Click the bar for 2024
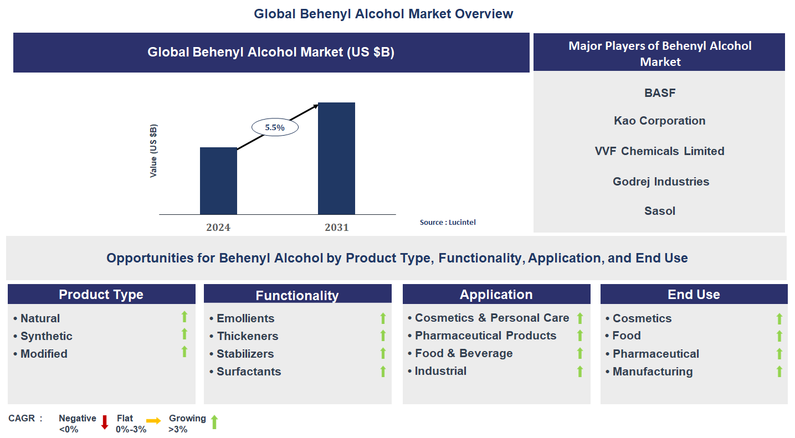click(218, 181)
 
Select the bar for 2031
click(336, 158)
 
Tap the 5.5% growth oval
click(275, 127)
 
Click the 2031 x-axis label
click(336, 227)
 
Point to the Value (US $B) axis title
click(153, 151)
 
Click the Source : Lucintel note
click(448, 222)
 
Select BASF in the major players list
click(660, 93)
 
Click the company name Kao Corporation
click(659, 121)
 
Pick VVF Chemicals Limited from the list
click(659, 151)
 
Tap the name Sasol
click(659, 211)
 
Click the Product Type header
click(101, 295)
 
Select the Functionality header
click(297, 296)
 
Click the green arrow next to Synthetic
click(184, 334)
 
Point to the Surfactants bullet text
click(248, 372)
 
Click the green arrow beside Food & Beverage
click(580, 353)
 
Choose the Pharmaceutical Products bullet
click(485, 336)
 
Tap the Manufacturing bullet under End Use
click(652, 372)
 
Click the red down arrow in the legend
click(105, 422)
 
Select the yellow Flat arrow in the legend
click(153, 421)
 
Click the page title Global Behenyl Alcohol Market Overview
click(383, 14)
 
